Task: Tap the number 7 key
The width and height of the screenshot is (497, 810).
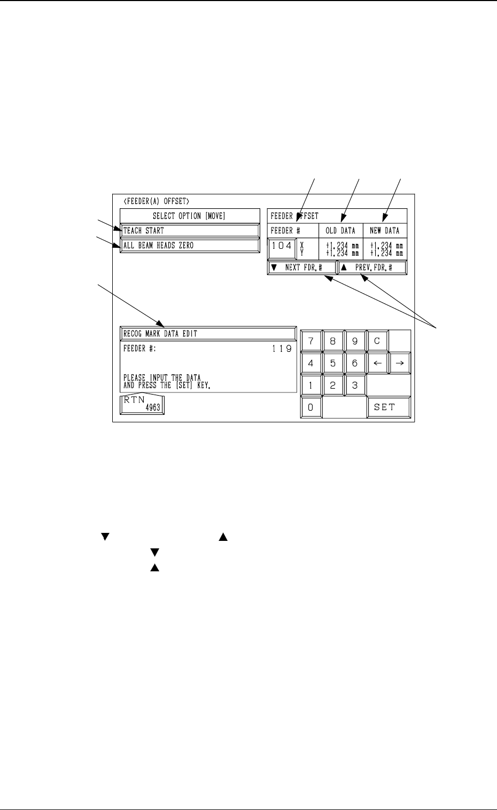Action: click(311, 341)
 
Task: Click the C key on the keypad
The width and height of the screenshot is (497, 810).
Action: click(377, 341)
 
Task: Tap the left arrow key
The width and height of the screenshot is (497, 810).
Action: click(377, 363)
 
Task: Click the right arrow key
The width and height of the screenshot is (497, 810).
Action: click(399, 363)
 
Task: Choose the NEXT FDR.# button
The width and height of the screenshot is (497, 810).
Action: click(302, 268)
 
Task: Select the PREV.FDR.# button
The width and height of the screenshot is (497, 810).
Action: click(372, 268)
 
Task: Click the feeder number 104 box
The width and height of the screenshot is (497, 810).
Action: click(281, 247)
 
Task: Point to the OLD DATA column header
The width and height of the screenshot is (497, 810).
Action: click(340, 231)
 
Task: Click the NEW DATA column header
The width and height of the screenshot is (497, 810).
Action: click(385, 231)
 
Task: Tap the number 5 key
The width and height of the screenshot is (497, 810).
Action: click(333, 363)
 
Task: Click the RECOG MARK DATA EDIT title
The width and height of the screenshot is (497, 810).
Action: click(208, 333)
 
